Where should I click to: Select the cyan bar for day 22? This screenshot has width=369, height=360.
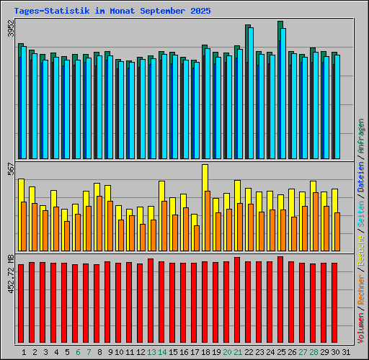[x=251, y=94]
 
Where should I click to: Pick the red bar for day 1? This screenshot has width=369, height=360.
[x=21, y=302]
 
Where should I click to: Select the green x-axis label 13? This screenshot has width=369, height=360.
[x=151, y=351]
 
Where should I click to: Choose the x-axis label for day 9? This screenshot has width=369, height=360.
[x=110, y=351]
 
